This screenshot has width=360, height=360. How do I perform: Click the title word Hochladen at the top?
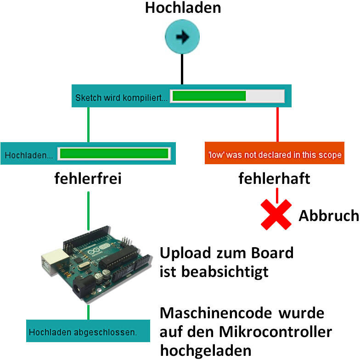183,8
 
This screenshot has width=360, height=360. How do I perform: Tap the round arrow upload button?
183,38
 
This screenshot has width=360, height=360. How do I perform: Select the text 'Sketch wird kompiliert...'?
121,97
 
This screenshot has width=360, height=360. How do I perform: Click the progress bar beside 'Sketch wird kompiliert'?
227,96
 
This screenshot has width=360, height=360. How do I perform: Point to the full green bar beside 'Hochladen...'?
113,154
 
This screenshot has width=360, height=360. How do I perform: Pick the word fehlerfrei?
88,178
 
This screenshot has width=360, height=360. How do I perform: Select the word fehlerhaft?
274,178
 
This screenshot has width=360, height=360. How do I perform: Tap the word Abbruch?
328,216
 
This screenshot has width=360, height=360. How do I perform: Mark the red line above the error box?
277,124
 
